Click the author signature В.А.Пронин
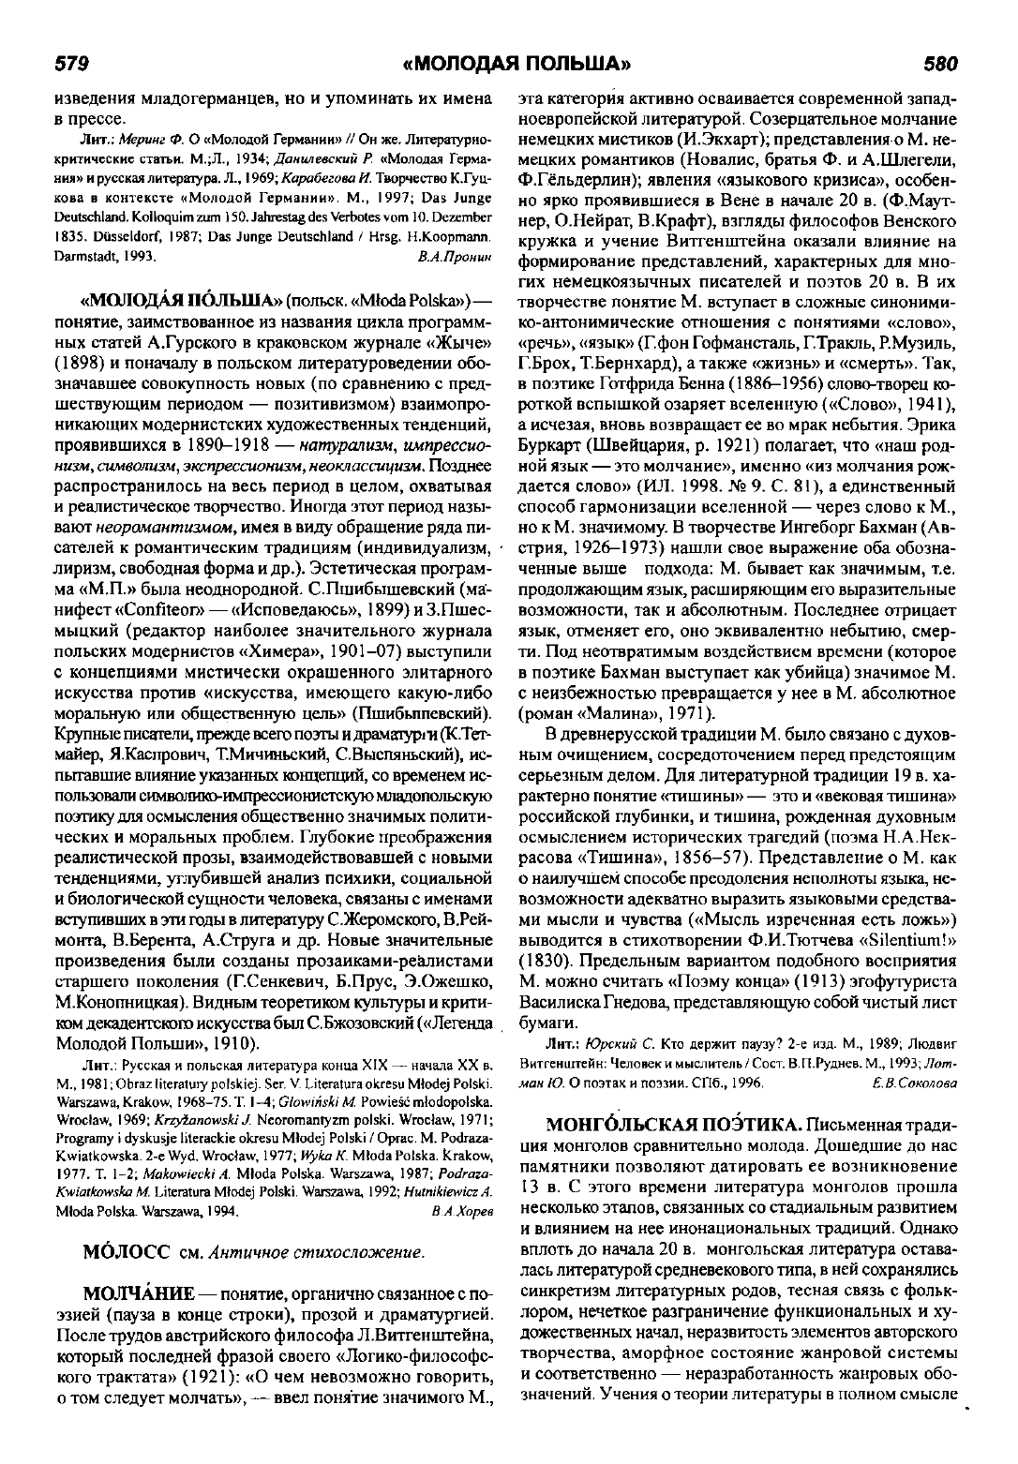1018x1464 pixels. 457,254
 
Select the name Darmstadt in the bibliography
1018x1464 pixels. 89,254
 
